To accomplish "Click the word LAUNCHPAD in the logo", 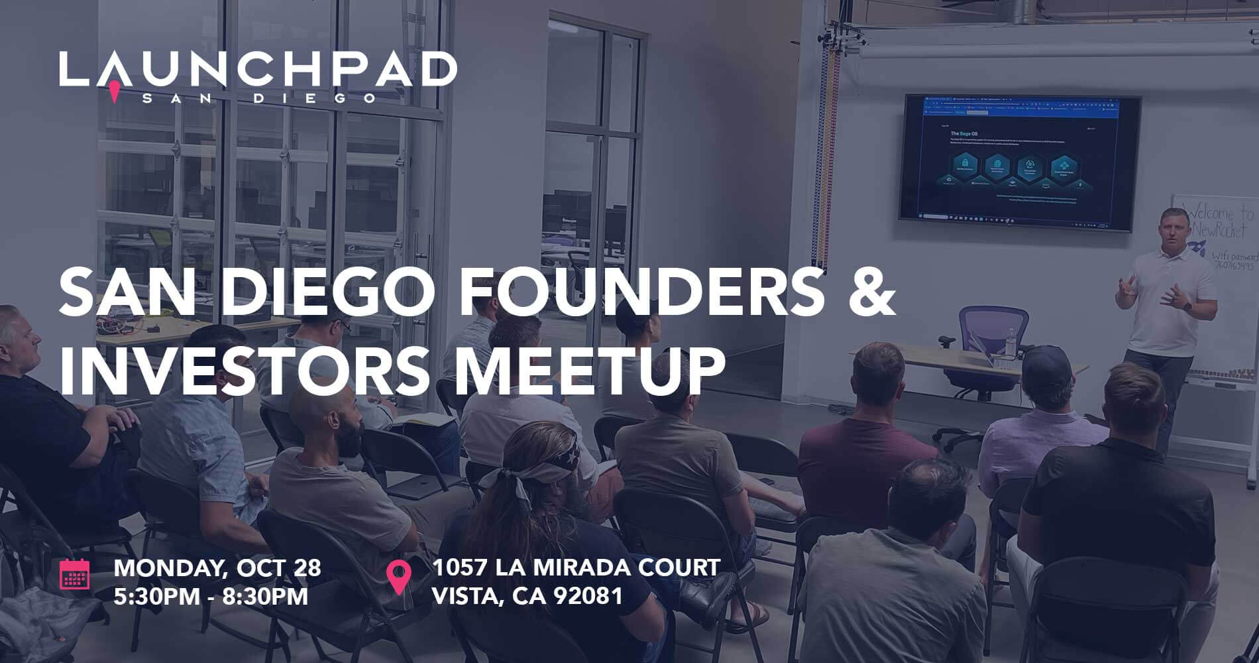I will pyautogui.click(x=258, y=69).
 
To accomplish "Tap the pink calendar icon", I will pyautogui.click(x=74, y=574).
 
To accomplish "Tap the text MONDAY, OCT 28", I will pyautogui.click(x=217, y=568).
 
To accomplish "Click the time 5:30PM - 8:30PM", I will pyautogui.click(x=211, y=596).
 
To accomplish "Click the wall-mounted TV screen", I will pyautogui.click(x=1018, y=163).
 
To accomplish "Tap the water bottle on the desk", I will pyautogui.click(x=1010, y=342).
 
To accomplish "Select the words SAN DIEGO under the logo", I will pyautogui.click(x=258, y=98).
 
